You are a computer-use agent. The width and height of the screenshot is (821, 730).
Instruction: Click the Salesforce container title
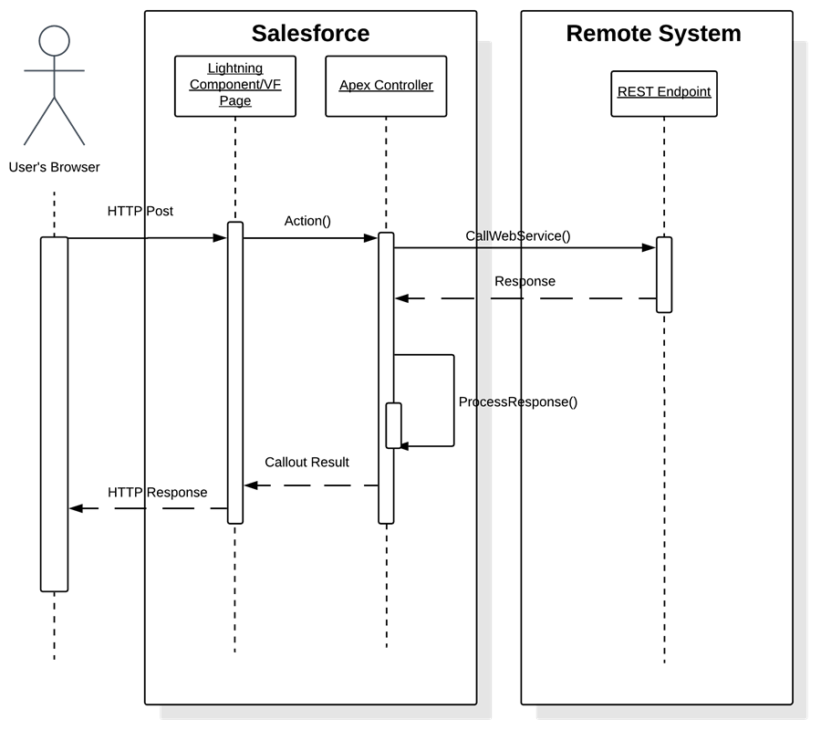point(310,34)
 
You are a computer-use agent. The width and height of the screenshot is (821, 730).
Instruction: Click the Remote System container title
point(653,34)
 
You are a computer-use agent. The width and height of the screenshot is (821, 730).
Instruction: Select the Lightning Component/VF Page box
point(235,85)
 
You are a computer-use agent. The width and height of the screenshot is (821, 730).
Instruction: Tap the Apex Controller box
point(386,86)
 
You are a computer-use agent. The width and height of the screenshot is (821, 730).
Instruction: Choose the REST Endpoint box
point(664,92)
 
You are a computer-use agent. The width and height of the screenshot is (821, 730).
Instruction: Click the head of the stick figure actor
point(55,40)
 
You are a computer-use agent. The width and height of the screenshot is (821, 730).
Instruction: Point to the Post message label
point(160,211)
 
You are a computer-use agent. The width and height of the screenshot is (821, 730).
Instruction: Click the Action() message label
point(307,221)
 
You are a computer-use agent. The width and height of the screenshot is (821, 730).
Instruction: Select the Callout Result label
point(307,463)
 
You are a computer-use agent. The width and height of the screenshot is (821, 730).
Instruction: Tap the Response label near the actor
point(177,493)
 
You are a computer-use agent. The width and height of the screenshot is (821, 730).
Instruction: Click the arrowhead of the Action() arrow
point(372,238)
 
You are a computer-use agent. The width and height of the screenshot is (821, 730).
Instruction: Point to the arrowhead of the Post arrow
point(220,238)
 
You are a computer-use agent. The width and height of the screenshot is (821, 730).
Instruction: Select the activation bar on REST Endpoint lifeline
point(664,275)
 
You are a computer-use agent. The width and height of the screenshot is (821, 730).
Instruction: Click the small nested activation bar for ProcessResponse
point(393,425)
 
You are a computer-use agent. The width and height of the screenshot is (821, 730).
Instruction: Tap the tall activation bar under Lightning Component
point(235,372)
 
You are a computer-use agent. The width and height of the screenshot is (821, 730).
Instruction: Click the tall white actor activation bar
point(55,414)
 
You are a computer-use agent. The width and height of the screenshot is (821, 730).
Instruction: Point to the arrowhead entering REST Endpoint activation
point(650,247)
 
